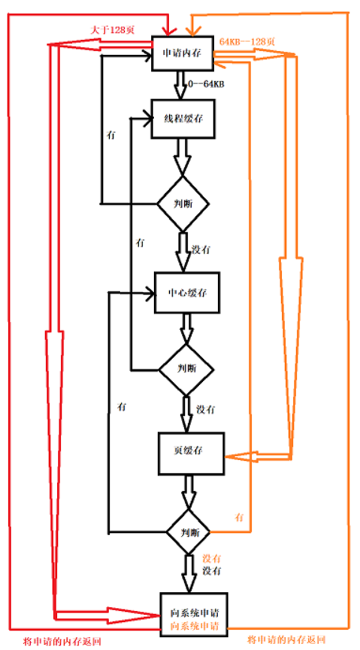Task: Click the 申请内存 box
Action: [x=182, y=54]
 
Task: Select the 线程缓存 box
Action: [x=183, y=119]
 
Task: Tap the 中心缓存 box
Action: [x=187, y=292]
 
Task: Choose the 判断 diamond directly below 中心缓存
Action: [x=186, y=369]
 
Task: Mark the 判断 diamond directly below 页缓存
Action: [x=189, y=532]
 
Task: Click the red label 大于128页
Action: [x=113, y=30]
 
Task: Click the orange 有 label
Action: [x=239, y=517]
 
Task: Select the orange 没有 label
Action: [x=211, y=559]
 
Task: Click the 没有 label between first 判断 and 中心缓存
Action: [x=201, y=250]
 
